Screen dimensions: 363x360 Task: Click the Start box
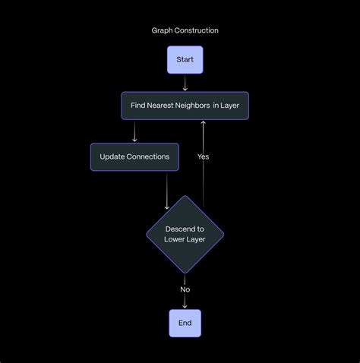tap(185, 59)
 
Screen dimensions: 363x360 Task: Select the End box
tap(185, 323)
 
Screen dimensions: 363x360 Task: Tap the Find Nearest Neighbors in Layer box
tap(185, 106)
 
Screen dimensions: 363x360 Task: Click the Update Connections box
tap(134, 156)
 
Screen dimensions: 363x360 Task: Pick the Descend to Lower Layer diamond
tap(185, 234)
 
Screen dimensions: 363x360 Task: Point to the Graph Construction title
tap(185, 30)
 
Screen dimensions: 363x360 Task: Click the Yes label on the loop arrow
tap(204, 156)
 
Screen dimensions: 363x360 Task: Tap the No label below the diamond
tap(185, 289)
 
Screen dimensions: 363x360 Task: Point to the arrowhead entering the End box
tap(185, 305)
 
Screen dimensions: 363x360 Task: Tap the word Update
tap(113, 156)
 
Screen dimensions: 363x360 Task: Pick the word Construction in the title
tap(196, 30)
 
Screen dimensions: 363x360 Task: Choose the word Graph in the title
tap(162, 30)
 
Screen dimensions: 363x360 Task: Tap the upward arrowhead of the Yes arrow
tap(204, 123)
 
